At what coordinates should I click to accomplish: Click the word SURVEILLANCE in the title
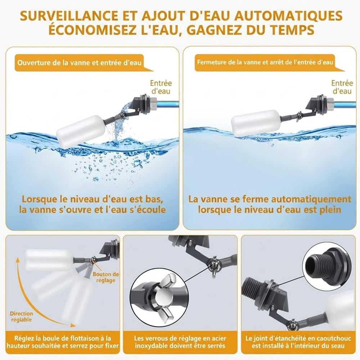68,15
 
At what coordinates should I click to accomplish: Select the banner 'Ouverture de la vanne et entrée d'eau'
80,63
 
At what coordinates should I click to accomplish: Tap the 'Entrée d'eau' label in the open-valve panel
161,87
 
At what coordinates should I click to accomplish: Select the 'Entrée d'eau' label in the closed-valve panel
342,87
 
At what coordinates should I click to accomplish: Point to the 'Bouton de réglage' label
105,277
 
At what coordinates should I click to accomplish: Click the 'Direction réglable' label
22,316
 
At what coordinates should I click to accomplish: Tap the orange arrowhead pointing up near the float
18,260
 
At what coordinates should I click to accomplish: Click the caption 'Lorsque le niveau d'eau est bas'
92,199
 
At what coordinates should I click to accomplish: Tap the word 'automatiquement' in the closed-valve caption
311,199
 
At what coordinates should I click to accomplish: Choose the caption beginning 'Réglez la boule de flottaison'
62,342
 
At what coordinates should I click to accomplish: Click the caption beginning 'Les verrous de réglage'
180,342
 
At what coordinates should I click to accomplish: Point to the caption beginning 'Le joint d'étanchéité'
298,342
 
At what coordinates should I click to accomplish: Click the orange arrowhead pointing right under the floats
73,325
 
